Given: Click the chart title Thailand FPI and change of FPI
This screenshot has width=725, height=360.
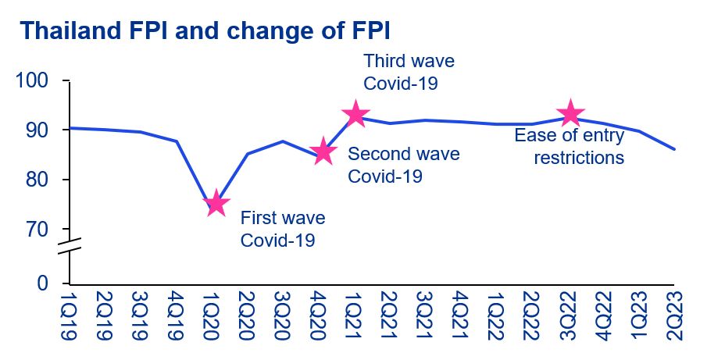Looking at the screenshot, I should pos(205,30).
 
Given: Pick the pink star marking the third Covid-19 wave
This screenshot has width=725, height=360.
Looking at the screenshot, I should pos(355,114).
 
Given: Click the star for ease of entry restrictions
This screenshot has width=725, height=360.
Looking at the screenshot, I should pos(570,114).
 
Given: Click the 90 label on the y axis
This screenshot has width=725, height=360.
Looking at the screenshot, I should pos(37,130).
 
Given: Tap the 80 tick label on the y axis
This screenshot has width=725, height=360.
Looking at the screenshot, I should pos(37,180).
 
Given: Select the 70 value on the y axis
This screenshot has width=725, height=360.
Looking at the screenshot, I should pos(37,230).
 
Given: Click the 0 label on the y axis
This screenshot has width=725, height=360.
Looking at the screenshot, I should pos(44,283).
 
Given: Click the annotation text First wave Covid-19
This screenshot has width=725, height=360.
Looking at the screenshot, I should pos(282,229).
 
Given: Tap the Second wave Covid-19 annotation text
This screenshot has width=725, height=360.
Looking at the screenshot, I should pos(403,165).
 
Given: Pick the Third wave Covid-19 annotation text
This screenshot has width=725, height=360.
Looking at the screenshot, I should pos(409,71).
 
